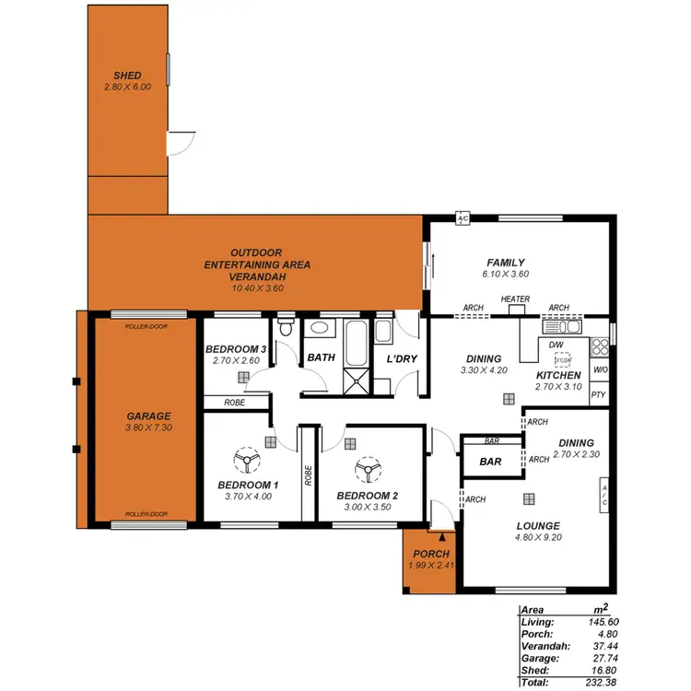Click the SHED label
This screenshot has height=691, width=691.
click(127, 76)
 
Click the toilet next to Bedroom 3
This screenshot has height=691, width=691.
click(286, 328)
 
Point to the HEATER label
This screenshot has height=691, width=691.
click(515, 299)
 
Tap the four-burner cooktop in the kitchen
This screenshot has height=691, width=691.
click(599, 346)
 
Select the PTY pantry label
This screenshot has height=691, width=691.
click(599, 395)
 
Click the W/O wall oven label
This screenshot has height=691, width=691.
click(600, 370)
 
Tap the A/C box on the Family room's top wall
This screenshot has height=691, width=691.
click(463, 218)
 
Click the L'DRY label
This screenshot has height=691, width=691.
click(403, 357)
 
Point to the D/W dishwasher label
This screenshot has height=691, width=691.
click(555, 345)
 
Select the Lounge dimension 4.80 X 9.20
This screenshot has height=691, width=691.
click(538, 537)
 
